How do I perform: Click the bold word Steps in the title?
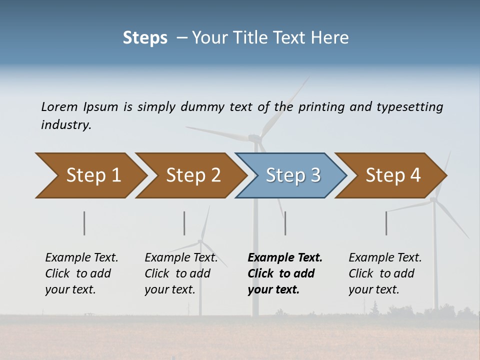tap(145, 37)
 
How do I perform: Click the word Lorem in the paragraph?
tap(59, 106)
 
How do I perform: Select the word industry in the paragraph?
tap(66, 124)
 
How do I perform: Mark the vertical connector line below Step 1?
tap(84, 223)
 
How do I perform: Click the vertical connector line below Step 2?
tap(184, 223)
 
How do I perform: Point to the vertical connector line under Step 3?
tap(285, 223)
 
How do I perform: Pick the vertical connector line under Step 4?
tap(386, 223)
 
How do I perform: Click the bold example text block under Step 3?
tap(284, 273)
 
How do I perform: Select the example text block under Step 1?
tap(81, 273)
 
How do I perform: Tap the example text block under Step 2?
tap(181, 273)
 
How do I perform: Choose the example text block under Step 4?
tap(385, 273)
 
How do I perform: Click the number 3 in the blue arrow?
tap(315, 175)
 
